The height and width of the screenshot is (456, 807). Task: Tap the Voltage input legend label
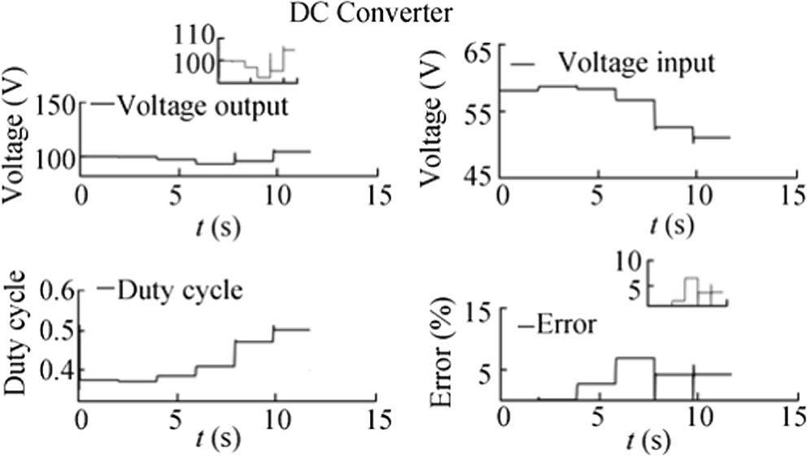pos(635,62)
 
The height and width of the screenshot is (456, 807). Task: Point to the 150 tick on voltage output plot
pos(56,107)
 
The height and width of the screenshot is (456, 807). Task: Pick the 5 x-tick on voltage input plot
pos(598,195)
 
